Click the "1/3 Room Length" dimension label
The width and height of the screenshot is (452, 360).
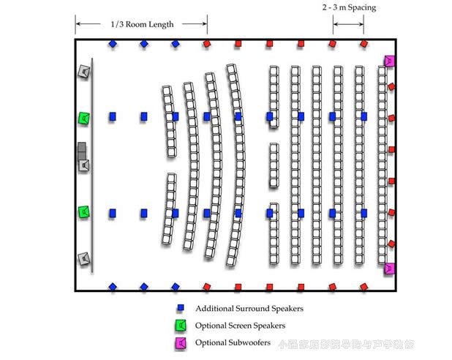click(142, 24)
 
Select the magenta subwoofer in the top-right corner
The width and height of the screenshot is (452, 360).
click(389, 61)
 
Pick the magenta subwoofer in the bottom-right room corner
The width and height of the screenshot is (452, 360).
click(389, 269)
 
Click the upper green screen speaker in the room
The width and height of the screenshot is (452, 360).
click(84, 118)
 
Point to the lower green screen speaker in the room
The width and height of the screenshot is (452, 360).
click(84, 212)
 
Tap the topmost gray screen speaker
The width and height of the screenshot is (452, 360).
click(84, 72)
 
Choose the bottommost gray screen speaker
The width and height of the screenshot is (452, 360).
click(84, 258)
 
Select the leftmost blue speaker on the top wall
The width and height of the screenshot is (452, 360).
click(112, 44)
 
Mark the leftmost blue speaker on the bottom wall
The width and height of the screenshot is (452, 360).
click(112, 287)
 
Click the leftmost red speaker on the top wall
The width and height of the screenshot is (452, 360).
click(207, 44)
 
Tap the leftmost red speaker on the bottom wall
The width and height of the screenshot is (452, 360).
click(207, 287)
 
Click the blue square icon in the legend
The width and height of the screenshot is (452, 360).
click(179, 309)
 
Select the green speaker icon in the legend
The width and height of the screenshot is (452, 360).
click(179, 326)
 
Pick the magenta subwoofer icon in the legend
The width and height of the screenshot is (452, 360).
click(179, 342)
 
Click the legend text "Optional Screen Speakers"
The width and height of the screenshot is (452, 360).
click(240, 326)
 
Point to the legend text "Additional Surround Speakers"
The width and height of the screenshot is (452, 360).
click(249, 309)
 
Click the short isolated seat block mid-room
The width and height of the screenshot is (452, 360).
click(273, 165)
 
